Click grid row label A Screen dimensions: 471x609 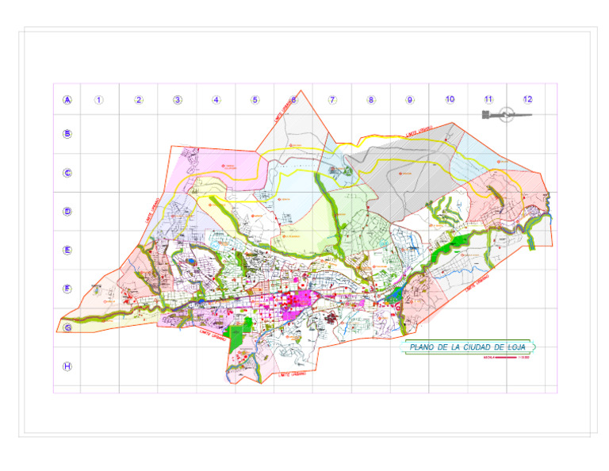tap(67, 100)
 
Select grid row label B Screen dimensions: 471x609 tap(67, 134)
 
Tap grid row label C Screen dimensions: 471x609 tap(67, 173)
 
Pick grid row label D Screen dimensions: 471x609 tap(67, 212)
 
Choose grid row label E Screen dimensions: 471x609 tap(67, 250)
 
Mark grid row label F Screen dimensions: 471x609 tap(67, 289)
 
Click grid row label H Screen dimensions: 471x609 tap(67, 366)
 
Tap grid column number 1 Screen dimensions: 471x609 tap(99, 100)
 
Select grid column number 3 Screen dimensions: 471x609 tap(177, 100)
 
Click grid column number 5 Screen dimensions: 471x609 tap(255, 100)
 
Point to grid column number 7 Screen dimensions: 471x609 tap(332, 100)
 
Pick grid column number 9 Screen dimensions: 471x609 tap(410, 100)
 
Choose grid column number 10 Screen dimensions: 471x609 tap(450, 99)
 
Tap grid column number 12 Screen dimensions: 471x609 tap(527, 99)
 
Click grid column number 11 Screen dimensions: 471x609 tap(488, 99)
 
